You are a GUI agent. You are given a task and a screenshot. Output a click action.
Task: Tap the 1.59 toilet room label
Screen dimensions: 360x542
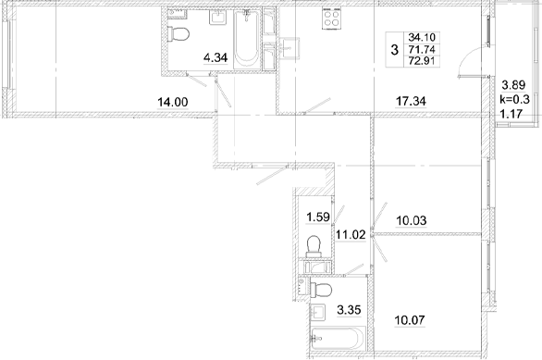pos(318,218)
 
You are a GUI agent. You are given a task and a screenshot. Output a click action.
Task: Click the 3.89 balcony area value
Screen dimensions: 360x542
pos(512,83)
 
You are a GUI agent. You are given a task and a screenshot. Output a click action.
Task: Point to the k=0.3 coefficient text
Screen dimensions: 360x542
pos(514,98)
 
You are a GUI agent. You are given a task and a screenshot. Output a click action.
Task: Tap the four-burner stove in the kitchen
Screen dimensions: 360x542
pos(331,22)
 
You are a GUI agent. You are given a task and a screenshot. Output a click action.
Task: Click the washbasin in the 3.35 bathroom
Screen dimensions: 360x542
pos(322,310)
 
